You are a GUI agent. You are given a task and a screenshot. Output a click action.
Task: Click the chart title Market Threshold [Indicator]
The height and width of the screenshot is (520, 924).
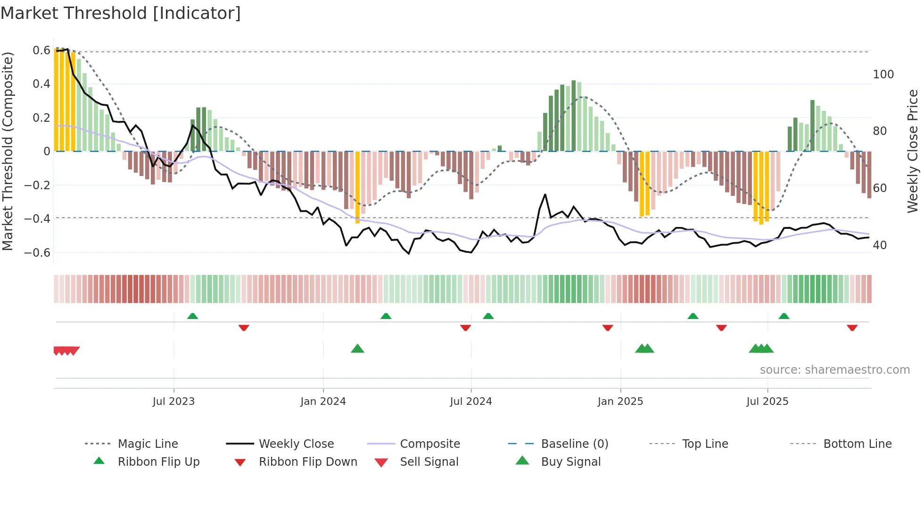[121, 13]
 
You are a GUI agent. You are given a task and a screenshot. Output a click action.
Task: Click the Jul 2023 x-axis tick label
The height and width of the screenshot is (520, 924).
[173, 402]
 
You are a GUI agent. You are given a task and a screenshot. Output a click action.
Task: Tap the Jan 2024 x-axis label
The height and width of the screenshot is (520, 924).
[323, 402]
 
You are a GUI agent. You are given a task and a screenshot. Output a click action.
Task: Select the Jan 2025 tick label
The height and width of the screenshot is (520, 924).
[620, 402]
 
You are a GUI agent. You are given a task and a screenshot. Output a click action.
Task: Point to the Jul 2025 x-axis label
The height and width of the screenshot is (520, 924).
[767, 402]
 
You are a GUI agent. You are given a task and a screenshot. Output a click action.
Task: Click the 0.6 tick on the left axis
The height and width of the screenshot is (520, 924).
[41, 50]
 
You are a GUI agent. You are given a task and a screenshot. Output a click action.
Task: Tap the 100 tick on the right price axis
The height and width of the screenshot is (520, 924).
[883, 75]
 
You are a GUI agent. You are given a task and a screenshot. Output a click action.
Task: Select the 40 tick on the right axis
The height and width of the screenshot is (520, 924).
[880, 245]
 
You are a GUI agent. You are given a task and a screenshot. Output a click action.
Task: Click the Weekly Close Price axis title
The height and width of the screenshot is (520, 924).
[913, 151]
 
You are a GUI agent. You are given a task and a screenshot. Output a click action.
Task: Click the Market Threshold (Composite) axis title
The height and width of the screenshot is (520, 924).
[8, 151]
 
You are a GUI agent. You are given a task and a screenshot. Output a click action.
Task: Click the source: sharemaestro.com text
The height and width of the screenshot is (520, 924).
[834, 370]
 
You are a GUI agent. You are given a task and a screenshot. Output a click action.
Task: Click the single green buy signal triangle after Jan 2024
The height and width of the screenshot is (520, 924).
[357, 349]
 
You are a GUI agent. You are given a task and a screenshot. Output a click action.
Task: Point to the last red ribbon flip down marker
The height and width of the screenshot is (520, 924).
[852, 327]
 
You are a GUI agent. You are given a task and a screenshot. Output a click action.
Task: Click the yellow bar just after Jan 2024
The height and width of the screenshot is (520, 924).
[357, 187]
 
